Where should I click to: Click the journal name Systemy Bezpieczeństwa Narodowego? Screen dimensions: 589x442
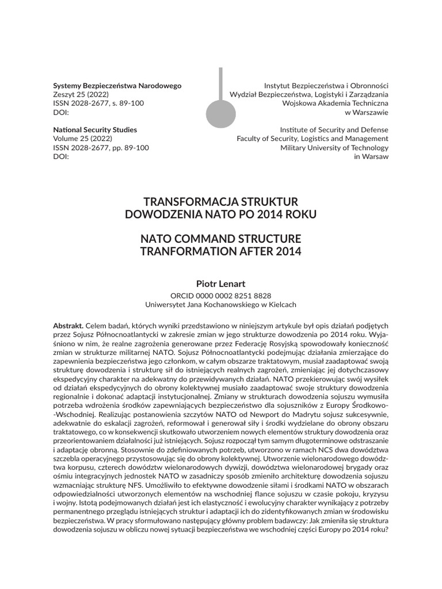(117, 86)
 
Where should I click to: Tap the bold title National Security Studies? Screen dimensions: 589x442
(95, 130)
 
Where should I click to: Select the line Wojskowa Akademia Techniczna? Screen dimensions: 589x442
(335, 103)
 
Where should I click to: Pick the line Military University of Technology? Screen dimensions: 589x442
(334, 148)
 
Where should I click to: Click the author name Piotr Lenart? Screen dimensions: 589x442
(220, 283)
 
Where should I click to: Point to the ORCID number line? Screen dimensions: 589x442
(220, 295)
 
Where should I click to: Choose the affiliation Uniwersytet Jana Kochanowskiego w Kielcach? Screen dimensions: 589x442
(220, 304)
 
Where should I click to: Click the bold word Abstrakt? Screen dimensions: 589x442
(68, 326)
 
